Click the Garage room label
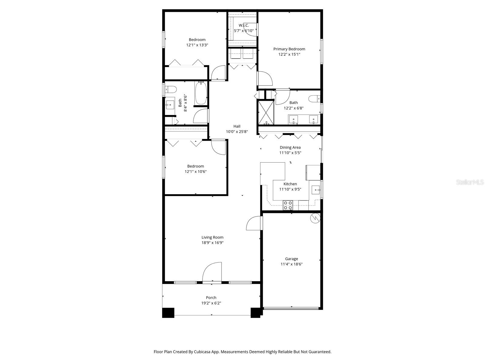pos(291,259)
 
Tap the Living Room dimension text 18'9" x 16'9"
pos(212,243)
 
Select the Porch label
pos(211,298)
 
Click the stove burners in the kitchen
pos(288,205)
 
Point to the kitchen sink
pos(316,190)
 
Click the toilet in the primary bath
pos(314,99)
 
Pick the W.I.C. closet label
pos(243,25)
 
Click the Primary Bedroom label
pos(289,49)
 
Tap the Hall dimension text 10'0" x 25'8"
pos(237,132)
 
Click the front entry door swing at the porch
pos(212,272)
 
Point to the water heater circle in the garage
pos(316,218)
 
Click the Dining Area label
pos(290,147)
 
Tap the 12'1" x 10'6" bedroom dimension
pos(196,171)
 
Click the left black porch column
pos(168,313)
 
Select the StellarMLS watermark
pos(470,182)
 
